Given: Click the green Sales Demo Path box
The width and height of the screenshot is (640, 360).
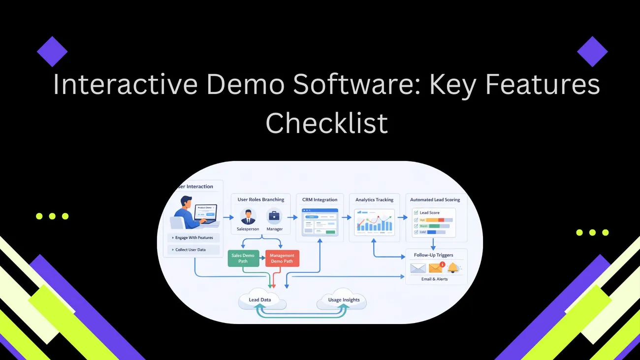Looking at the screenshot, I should tap(243, 258).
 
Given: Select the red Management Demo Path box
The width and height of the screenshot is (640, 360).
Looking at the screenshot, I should tap(282, 258).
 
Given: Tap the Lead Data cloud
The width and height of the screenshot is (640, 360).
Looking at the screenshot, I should tap(259, 300).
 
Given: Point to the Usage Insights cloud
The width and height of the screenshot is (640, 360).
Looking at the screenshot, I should tap(344, 299).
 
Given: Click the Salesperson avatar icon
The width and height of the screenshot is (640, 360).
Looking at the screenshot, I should tap(248, 216).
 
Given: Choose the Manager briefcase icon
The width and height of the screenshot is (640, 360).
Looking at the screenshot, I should tap(274, 216).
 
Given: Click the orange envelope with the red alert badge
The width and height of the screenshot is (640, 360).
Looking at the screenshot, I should tap(436, 268).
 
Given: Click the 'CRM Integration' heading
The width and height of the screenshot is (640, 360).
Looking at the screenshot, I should tap(320, 200).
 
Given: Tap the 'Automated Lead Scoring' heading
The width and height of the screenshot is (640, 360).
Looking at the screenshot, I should tap(435, 200).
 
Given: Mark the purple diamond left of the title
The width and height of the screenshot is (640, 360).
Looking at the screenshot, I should tap(52, 51).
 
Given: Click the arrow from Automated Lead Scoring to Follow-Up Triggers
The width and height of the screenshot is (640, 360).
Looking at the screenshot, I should tap(433, 244).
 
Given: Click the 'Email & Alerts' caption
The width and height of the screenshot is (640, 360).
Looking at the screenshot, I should tap(435, 279).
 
